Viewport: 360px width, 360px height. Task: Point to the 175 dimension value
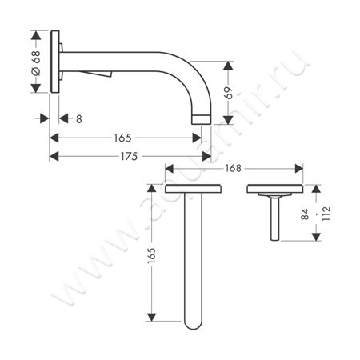coord(129,157)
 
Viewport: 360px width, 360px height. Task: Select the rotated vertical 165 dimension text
coord(150,257)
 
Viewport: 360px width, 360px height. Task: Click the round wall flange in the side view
coord(55,63)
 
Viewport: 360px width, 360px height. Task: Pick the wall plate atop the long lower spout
coord(193,190)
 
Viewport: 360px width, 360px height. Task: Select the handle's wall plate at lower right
coord(274,190)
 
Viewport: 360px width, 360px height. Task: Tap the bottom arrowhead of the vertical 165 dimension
coord(151,323)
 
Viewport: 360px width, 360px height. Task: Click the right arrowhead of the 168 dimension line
coord(300,169)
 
